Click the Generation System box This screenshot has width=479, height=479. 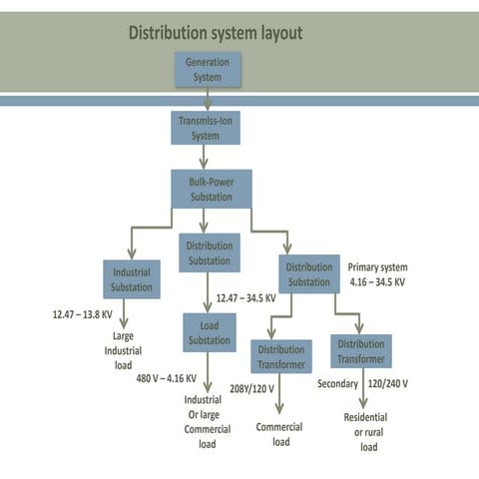coord(208,69)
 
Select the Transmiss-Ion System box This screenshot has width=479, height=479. coord(205,128)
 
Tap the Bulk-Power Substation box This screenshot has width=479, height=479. coord(211,189)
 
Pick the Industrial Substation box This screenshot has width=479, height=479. coord(132,278)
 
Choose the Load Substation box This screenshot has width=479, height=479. coord(210,332)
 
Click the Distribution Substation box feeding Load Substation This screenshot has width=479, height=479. coord(210,252)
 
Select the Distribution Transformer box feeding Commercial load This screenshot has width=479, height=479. coord(280,356)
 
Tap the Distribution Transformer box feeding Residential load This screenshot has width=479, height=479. coord(360,351)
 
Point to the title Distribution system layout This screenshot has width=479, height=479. coord(216,34)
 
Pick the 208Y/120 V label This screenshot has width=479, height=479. coord(252,389)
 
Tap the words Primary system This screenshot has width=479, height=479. coord(377,267)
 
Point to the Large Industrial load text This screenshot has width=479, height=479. coord(126,350)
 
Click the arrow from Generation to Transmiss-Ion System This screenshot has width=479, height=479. coord(208,98)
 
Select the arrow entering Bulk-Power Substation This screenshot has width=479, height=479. coord(206,157)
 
